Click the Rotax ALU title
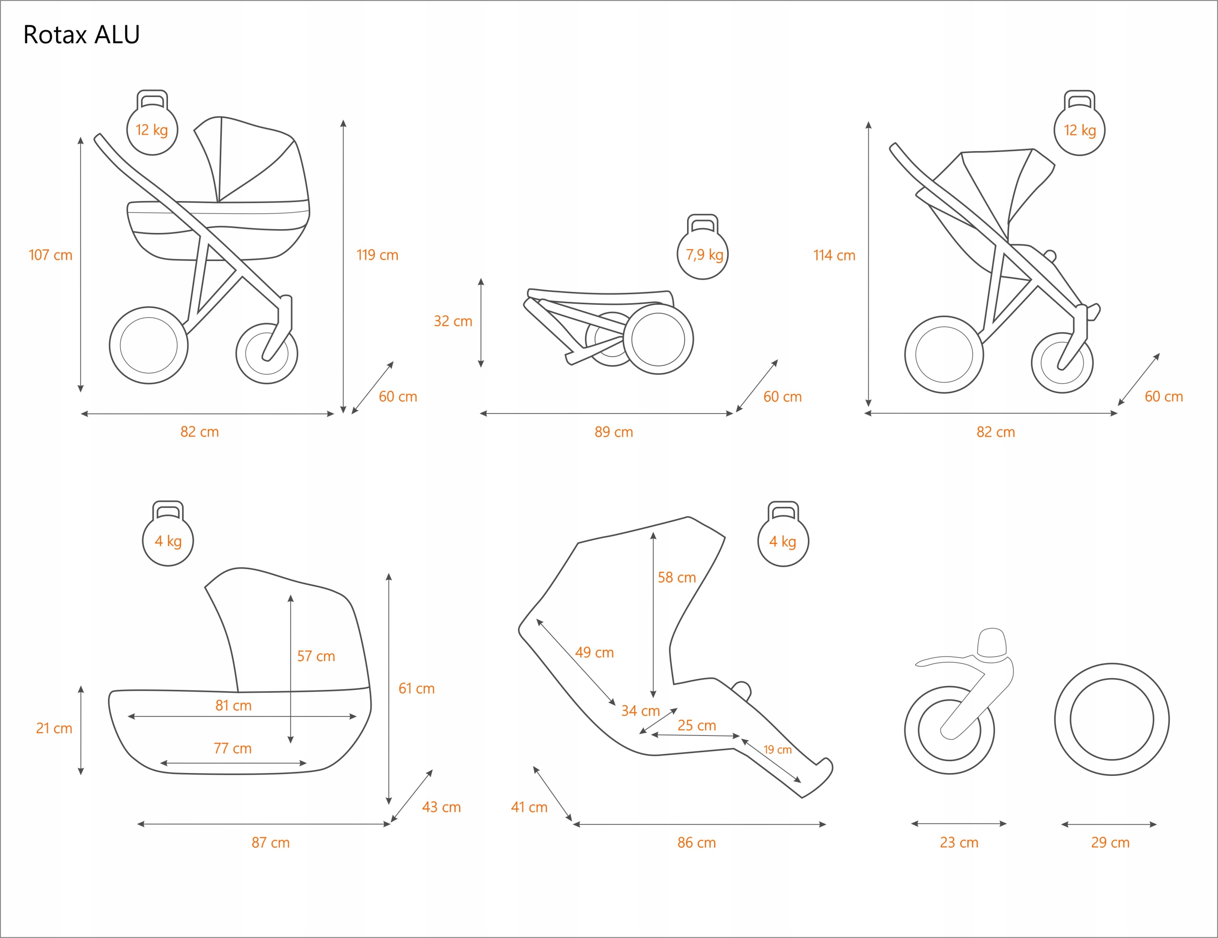pyautogui.click(x=81, y=35)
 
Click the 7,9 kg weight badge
pyautogui.click(x=704, y=255)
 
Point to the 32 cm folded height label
pyautogui.click(x=453, y=321)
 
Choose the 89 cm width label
pyautogui.click(x=613, y=432)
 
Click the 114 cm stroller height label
pyautogui.click(x=834, y=255)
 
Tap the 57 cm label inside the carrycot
pyautogui.click(x=315, y=656)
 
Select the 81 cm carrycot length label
pyautogui.click(x=233, y=706)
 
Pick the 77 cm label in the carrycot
pyautogui.click(x=233, y=748)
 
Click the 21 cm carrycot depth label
pyautogui.click(x=54, y=728)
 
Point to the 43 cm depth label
pyautogui.click(x=441, y=807)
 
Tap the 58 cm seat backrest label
pyautogui.click(x=677, y=578)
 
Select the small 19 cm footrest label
pyautogui.click(x=777, y=750)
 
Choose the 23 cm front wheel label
pyautogui.click(x=959, y=843)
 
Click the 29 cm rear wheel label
pyautogui.click(x=1110, y=843)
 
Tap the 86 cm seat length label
pyautogui.click(x=697, y=843)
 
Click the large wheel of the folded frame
pyautogui.click(x=658, y=339)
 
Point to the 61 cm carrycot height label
pyautogui.click(x=416, y=689)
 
